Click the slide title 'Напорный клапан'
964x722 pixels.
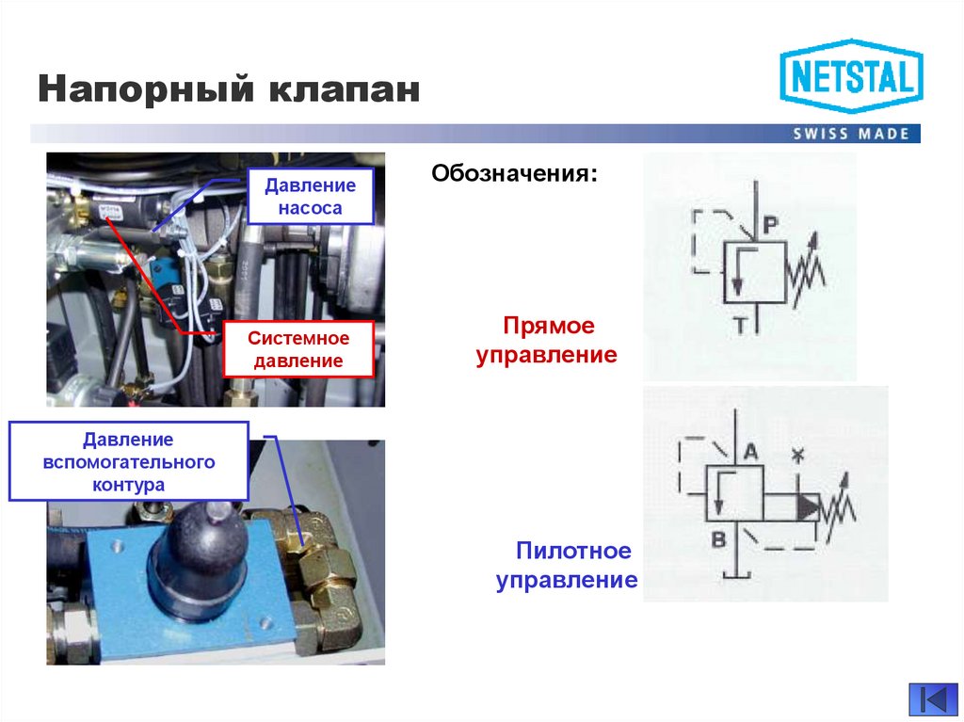(x=229, y=91)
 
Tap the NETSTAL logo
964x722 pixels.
(x=851, y=76)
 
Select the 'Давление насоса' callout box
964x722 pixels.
(x=310, y=196)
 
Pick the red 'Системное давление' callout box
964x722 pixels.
(x=298, y=349)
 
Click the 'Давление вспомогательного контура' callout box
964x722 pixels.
(x=129, y=461)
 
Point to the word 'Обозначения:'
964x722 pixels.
(x=514, y=174)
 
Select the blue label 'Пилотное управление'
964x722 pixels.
(x=567, y=565)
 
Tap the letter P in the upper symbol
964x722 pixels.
(x=769, y=224)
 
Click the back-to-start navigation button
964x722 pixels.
(x=931, y=700)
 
